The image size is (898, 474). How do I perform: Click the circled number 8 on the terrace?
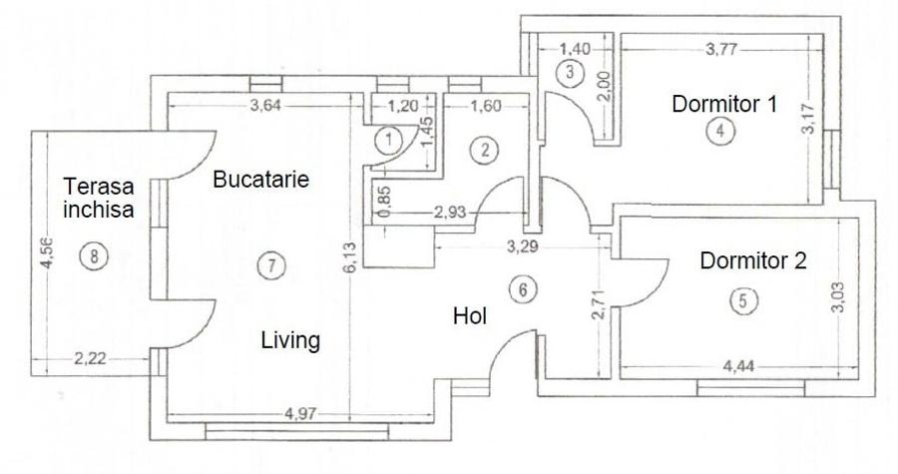(x=94, y=256)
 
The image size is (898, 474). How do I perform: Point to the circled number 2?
(x=485, y=151)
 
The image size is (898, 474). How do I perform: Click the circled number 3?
(x=569, y=72)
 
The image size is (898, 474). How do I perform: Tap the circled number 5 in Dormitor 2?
(x=739, y=299)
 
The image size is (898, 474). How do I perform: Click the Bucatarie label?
(x=261, y=180)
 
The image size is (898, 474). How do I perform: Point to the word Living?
(x=290, y=341)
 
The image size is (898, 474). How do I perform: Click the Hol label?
(x=469, y=316)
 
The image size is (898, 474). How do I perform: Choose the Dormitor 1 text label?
(x=724, y=103)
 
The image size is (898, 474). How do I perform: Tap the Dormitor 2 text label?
(x=752, y=261)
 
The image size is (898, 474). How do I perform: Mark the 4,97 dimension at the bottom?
(x=302, y=412)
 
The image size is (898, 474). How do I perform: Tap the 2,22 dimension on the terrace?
(x=91, y=357)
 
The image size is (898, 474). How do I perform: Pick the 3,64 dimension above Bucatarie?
(x=265, y=107)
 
